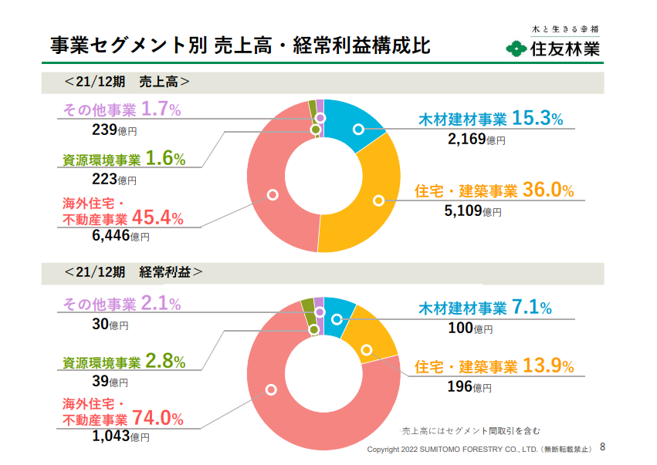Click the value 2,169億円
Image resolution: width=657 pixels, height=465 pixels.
pos(476,139)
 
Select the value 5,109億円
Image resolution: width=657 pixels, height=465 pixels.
pos(472,211)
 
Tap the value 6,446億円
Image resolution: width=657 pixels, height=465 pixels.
pos(120,236)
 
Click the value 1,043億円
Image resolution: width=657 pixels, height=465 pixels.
pos(120,436)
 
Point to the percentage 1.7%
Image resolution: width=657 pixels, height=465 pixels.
pos(161,110)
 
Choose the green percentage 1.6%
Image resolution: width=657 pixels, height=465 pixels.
pos(165,158)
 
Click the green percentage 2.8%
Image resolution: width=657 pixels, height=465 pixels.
pos(165,361)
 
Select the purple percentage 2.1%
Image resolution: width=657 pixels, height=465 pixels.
pos(161,303)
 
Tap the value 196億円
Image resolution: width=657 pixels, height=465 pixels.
pos(469,386)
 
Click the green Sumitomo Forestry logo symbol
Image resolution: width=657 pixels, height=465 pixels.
pos(516,49)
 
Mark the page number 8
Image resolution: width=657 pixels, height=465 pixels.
pos(602,447)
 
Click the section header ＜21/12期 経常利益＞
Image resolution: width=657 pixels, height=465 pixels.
pos(134,272)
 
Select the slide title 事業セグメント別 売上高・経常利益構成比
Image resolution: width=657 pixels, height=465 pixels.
pos(240,45)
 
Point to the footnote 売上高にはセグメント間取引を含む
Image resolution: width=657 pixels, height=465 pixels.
pos(471,431)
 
